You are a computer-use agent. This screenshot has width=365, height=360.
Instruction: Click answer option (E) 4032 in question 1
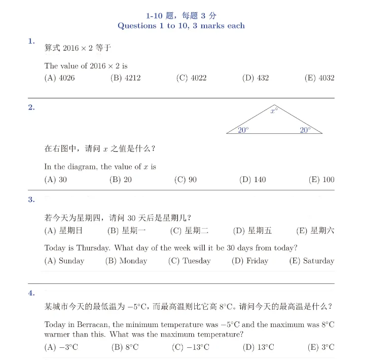click(319, 78)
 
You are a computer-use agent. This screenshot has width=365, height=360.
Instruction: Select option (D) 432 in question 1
click(255, 78)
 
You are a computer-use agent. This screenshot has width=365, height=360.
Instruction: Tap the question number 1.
click(31, 41)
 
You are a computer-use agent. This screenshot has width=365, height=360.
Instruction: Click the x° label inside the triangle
click(274, 111)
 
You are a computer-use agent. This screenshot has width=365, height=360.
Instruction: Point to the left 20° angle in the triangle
click(243, 130)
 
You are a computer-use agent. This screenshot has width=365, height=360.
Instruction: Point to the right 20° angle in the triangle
click(305, 130)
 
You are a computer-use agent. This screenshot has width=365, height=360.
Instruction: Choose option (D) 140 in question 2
click(252, 179)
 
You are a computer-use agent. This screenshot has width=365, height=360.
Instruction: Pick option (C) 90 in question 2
click(186, 179)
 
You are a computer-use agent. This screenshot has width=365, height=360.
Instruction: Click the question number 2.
click(31, 107)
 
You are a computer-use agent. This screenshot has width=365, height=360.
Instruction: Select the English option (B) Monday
click(126, 261)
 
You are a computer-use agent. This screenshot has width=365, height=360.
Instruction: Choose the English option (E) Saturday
click(312, 261)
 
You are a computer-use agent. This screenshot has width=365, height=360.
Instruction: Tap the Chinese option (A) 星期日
click(63, 231)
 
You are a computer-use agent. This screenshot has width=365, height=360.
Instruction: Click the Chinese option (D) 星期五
click(252, 231)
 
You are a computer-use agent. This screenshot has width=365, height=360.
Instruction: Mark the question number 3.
click(31, 200)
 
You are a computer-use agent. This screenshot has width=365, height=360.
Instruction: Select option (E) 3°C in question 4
click(321, 347)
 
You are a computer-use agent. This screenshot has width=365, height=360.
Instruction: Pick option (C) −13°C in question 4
click(191, 347)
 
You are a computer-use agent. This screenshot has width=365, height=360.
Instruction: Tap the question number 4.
click(31, 293)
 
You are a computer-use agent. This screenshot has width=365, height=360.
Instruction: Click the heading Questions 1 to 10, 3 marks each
click(181, 25)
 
